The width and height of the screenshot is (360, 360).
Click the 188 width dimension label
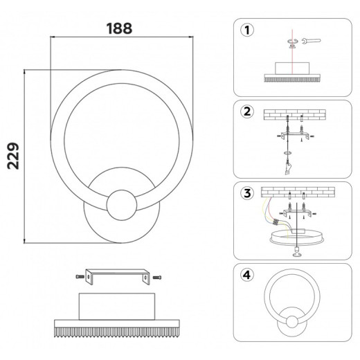click(x=119, y=28)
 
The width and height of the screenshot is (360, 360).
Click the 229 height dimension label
click(x=13, y=156)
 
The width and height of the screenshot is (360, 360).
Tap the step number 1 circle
click(x=247, y=30)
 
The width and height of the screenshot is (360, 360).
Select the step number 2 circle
click(x=247, y=111)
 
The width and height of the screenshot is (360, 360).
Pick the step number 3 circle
click(x=247, y=193)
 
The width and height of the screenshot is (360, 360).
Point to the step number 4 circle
click(x=247, y=275)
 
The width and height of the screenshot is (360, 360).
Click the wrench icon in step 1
click(x=311, y=41)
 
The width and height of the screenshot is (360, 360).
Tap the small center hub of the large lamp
click(x=122, y=205)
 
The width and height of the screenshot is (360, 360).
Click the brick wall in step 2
click(x=295, y=115)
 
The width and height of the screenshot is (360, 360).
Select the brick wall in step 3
click(x=298, y=192)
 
